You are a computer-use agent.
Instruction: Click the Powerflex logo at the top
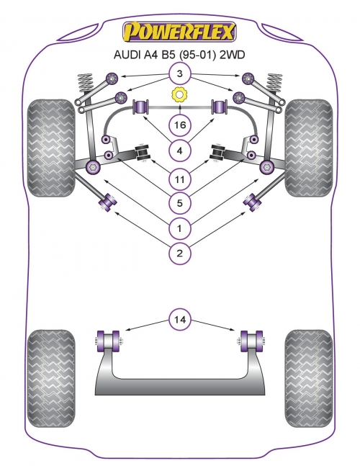pos(179,31)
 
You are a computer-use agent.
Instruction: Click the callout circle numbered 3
pos(180,73)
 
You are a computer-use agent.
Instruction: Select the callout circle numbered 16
pos(180,125)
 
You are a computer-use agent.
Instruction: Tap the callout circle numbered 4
pos(180,151)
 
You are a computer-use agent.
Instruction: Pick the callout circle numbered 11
pos(180,179)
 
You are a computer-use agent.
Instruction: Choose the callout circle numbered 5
pos(180,203)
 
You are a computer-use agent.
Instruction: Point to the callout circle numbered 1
pos(180,228)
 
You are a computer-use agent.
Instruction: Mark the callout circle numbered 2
pos(180,254)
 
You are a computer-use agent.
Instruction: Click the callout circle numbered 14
pos(180,320)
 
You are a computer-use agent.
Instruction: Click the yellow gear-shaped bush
pos(179,94)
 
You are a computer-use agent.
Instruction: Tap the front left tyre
pos(50,148)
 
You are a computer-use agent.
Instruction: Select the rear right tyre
pos(309,378)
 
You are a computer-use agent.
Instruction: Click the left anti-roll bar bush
pos(141,107)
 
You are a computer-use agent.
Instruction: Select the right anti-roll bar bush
pos(219,107)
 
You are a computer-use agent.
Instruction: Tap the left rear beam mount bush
pos(109,341)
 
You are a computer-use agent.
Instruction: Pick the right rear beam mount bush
pos(251,341)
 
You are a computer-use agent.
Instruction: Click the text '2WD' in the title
pos(232,55)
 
